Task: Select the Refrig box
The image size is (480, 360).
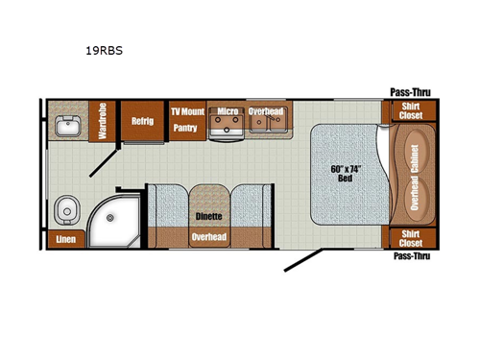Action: (x=142, y=121)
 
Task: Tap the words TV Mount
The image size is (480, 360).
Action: (x=187, y=111)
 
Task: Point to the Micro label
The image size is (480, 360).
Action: (x=227, y=111)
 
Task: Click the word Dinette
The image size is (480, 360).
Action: (x=208, y=216)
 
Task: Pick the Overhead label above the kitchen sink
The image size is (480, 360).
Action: (x=265, y=111)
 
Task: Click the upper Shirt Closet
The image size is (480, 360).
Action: (x=409, y=112)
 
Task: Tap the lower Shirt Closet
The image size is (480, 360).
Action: (x=409, y=238)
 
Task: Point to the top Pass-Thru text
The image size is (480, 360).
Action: (x=409, y=92)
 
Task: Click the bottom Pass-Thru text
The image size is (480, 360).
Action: (x=411, y=257)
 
